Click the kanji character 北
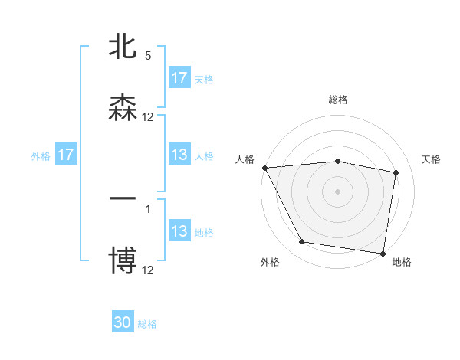pos(123,47)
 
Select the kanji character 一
pos(123,200)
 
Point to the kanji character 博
pos(123,261)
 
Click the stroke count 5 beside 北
pos(148,56)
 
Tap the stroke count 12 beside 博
pos(148,270)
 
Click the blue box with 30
pos(123,322)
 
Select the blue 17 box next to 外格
pos(66,155)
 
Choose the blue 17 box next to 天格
pos(179,78)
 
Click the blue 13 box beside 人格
pos(179,155)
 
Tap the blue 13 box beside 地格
pos(179,231)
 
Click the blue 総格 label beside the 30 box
pos(147,324)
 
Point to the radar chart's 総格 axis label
pos(338,100)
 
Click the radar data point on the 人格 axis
pos(264,168)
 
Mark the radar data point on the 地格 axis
pos(383,253)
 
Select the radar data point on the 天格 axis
pos(396,172)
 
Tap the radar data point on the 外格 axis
pos(302,242)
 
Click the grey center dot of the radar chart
pos(338,191)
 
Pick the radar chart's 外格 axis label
pos(269,262)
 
